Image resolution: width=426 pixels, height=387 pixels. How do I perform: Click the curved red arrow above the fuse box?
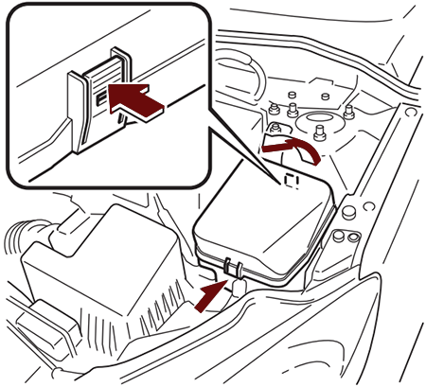click(289, 147)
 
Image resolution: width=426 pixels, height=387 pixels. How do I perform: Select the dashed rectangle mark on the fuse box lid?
click(292, 178)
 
